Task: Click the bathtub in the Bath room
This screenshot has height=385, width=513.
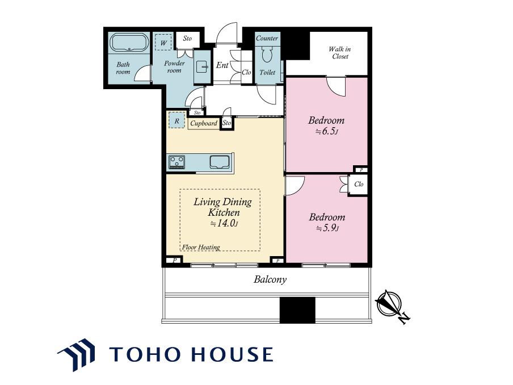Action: (129, 42)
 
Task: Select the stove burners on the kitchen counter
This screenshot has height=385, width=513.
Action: (176, 162)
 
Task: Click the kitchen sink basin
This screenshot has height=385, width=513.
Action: (219, 162)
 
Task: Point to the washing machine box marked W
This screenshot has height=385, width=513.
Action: (163, 43)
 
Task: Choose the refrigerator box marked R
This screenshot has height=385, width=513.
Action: (176, 120)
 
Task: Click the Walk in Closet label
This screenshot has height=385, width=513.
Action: (340, 53)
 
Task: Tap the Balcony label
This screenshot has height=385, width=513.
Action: (270, 279)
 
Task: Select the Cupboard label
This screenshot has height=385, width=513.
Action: (204, 123)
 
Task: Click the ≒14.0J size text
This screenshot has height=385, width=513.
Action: (224, 224)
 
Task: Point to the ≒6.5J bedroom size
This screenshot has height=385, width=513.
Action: (326, 132)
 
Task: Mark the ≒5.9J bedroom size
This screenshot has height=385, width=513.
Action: (327, 228)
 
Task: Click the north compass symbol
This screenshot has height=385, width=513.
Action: (390, 305)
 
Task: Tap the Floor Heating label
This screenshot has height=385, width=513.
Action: (201, 247)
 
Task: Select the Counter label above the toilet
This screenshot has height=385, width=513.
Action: (267, 38)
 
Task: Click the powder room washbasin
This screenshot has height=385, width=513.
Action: (202, 67)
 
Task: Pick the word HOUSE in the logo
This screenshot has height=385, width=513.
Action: (232, 354)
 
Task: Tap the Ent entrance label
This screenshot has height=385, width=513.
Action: (222, 65)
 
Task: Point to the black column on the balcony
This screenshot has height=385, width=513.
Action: (297, 310)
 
